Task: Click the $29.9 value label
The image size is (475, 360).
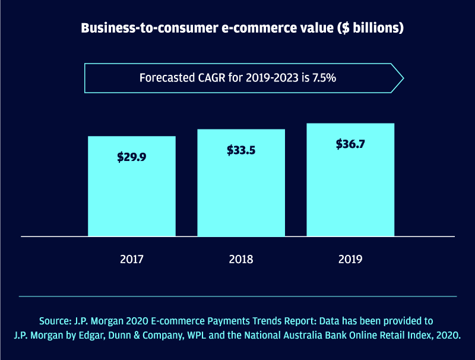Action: [132, 157]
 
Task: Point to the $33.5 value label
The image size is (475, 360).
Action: [241, 150]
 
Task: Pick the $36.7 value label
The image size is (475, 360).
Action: [350, 144]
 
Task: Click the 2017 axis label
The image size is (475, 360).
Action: [132, 259]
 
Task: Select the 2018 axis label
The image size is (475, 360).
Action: [241, 259]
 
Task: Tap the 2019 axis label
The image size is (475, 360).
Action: [350, 259]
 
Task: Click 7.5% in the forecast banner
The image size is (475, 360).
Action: [322, 77]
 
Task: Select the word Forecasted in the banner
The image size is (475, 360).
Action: [165, 77]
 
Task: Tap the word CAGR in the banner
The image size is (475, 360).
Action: [209, 77]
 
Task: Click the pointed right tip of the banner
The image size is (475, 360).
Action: [403, 77]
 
